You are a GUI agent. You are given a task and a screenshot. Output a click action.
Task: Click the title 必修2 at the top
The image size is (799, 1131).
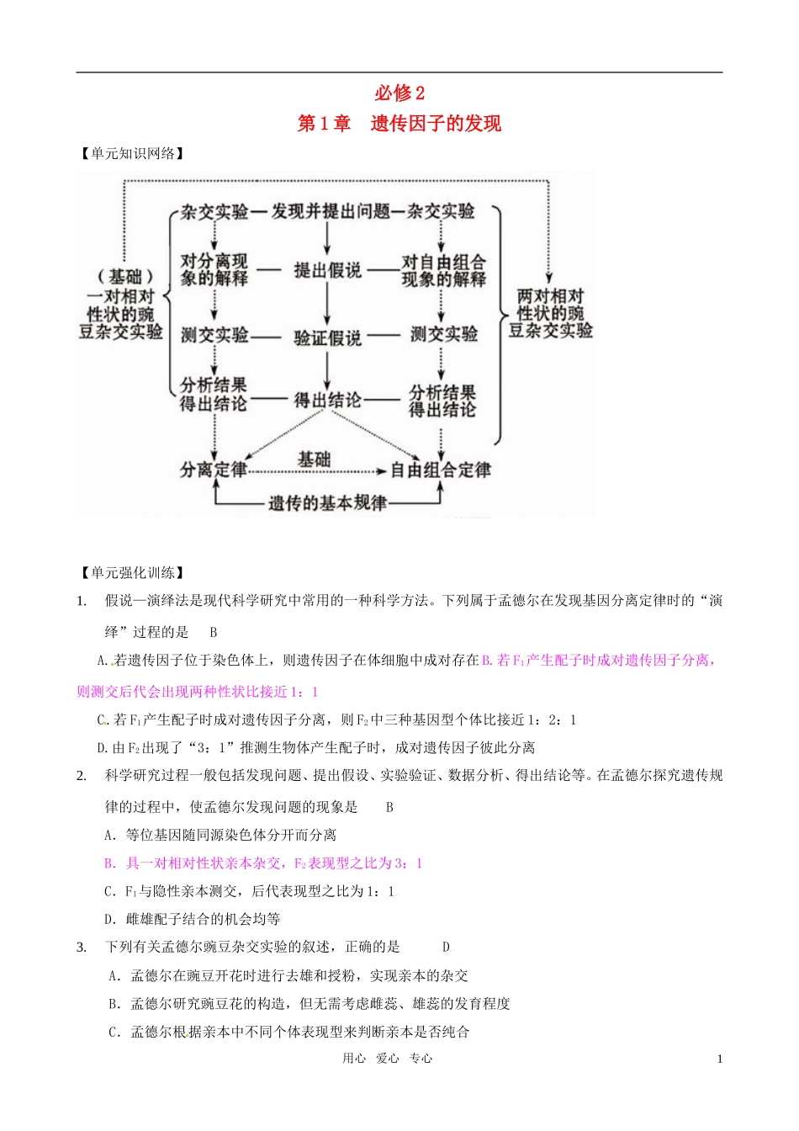[x=399, y=93]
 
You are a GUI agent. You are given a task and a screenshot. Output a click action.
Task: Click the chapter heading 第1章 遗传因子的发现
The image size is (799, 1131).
[x=399, y=124]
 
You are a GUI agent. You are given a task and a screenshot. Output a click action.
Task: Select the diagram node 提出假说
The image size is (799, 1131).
[x=327, y=270]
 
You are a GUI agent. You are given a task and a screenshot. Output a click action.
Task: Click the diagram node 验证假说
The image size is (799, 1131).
[x=327, y=337]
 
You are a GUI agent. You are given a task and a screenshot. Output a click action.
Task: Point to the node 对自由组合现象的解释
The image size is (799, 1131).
[x=443, y=271]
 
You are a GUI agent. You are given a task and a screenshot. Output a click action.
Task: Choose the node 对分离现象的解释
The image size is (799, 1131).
[x=214, y=269]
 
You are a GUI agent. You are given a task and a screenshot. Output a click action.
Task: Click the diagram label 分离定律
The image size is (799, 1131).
[x=214, y=470]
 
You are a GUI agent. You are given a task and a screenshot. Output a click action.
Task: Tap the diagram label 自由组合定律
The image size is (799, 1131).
[x=441, y=470]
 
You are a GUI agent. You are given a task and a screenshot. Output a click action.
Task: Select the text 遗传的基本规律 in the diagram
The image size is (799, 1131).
[x=327, y=503]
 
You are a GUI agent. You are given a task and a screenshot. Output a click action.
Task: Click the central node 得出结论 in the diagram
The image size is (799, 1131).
[x=327, y=401]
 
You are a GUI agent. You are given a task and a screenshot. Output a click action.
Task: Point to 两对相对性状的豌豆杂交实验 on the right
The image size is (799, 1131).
[x=550, y=313]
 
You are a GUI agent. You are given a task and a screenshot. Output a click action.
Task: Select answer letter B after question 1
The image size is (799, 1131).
[x=214, y=633]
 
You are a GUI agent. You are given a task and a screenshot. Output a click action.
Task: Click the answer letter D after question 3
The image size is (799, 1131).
[x=446, y=948]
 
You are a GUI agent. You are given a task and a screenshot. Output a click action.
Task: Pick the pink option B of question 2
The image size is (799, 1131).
[x=262, y=863]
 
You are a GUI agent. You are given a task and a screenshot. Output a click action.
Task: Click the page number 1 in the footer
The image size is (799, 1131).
[x=720, y=1059]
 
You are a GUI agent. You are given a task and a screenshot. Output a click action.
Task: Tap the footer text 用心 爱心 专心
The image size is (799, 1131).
[x=387, y=1059]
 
